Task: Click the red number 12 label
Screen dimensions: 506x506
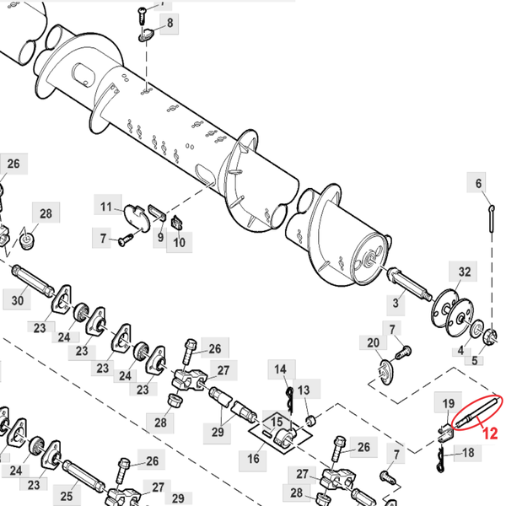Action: (x=489, y=434)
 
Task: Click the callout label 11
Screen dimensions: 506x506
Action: (x=106, y=207)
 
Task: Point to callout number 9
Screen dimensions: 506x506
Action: (x=159, y=239)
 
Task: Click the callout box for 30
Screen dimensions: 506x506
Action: (x=18, y=299)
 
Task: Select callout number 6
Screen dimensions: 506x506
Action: (x=479, y=183)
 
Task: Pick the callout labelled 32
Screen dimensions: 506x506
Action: (x=465, y=271)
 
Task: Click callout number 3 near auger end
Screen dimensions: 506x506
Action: (x=395, y=301)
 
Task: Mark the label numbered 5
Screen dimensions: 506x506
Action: (x=474, y=360)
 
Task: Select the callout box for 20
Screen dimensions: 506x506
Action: (x=374, y=342)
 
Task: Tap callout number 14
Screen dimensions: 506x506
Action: (x=280, y=369)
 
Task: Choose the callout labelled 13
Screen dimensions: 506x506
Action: (x=304, y=389)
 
